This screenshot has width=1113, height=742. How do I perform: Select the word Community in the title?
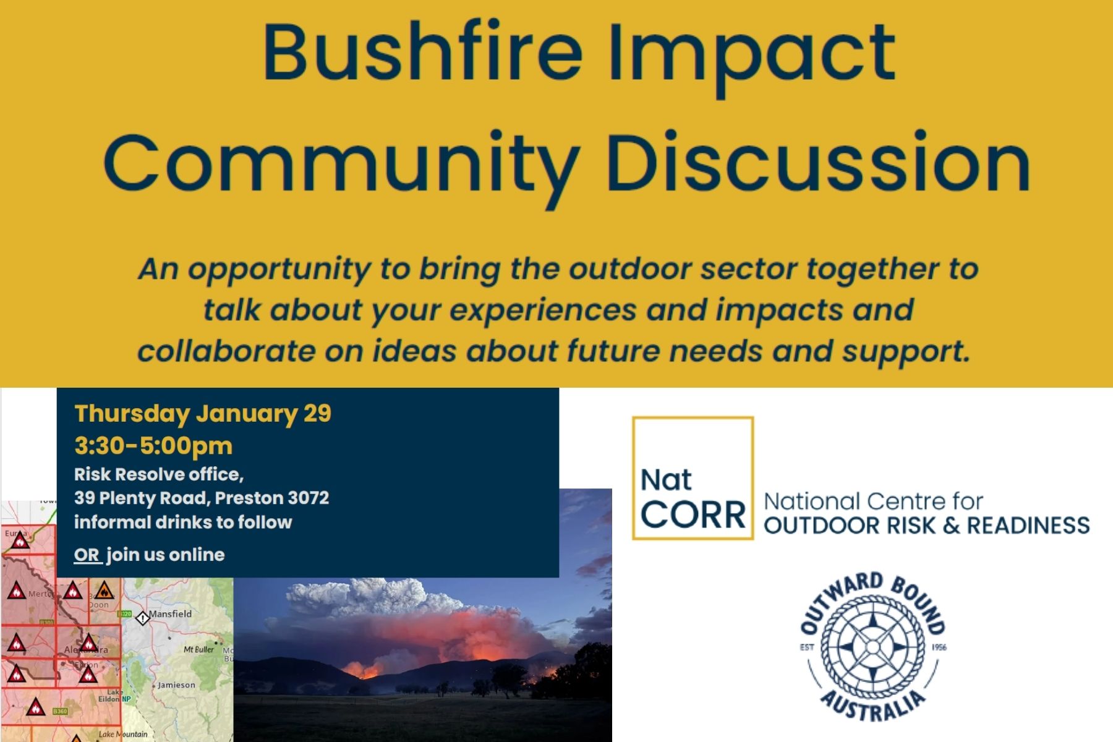[x=342, y=164]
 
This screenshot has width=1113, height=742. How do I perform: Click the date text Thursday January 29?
[x=203, y=413]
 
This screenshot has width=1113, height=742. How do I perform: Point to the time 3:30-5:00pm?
[x=153, y=445]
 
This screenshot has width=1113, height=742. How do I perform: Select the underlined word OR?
[x=87, y=555]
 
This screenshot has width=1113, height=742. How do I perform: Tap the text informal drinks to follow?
[x=183, y=522]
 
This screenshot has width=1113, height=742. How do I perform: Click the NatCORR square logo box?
[x=693, y=478]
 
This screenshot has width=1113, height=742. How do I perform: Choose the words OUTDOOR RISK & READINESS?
[x=926, y=526]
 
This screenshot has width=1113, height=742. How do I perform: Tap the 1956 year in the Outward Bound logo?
[x=939, y=647]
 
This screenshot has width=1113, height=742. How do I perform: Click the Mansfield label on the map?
[x=170, y=614]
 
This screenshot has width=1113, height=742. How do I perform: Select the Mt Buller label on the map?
[x=198, y=649]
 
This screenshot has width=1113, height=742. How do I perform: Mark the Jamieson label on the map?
[x=176, y=685]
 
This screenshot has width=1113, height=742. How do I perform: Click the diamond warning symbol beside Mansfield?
[x=142, y=617]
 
